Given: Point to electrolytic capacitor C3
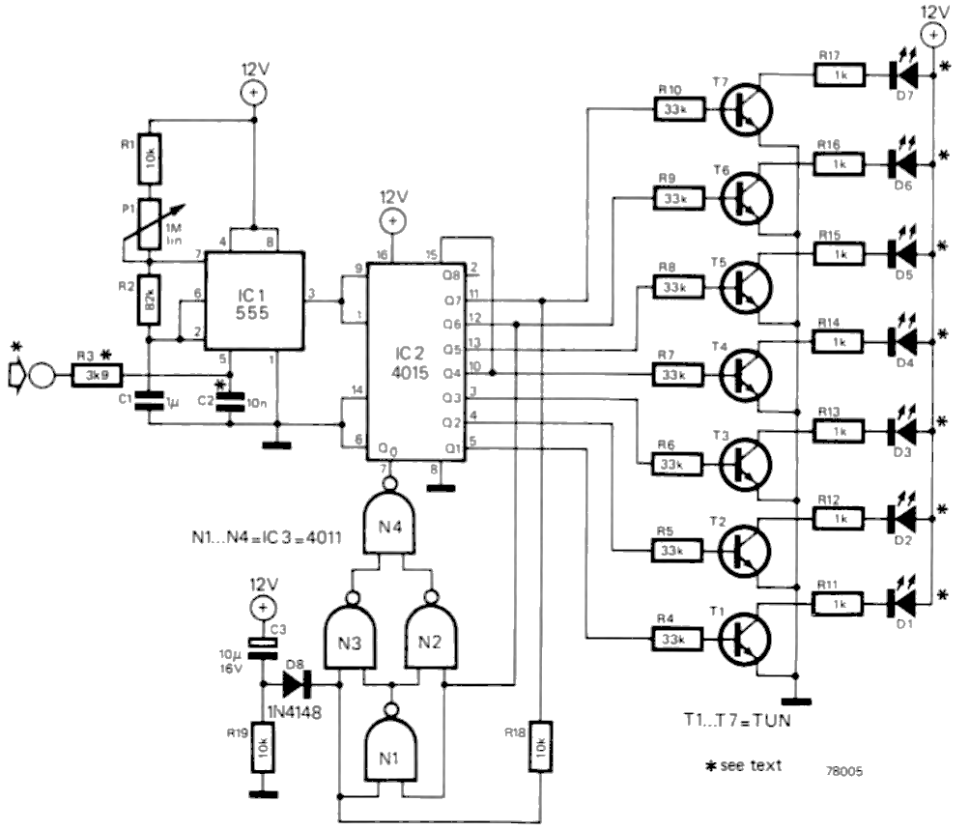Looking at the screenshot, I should click(x=259, y=648).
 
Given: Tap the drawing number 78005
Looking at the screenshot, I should click(x=844, y=773).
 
